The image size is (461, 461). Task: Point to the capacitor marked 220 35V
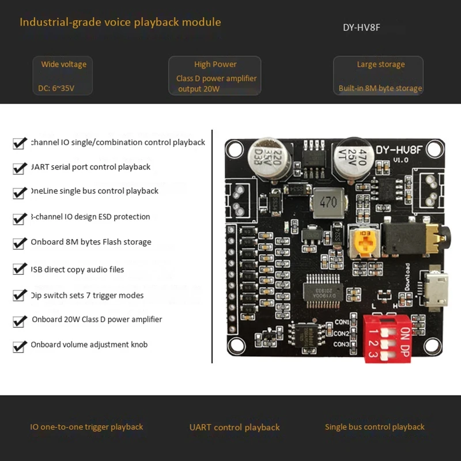pos(264,158)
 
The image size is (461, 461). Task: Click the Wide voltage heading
pos(63,64)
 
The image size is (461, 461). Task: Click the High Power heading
pos(216,64)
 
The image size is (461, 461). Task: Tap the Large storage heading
pos(380,64)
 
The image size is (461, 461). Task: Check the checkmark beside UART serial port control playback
pos(20,168)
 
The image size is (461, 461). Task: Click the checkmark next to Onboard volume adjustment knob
pos(20,346)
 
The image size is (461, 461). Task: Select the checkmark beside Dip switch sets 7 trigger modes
pos(20,296)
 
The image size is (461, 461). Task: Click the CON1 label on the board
pos(342,322)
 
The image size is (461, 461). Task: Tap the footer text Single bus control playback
pos(375,427)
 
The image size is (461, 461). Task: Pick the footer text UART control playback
pos(235,427)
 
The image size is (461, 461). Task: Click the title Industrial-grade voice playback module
pos(120,22)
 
